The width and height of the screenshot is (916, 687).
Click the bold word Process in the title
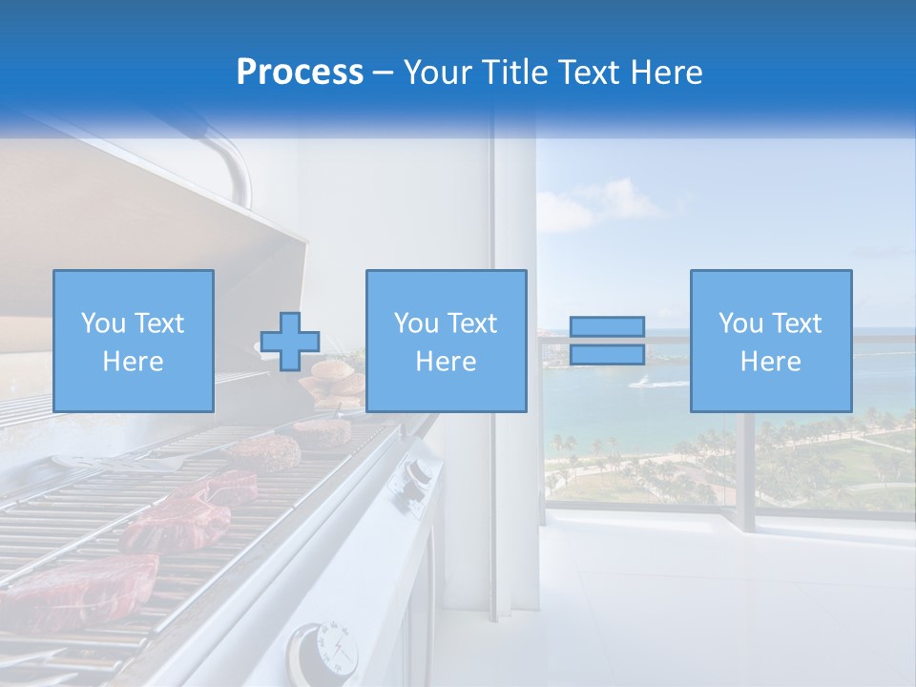[300, 73]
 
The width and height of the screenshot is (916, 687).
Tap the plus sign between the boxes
[290, 341]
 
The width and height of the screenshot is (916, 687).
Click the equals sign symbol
[607, 341]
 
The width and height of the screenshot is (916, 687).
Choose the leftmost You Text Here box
[134, 341]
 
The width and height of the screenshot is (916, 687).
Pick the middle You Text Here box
[446, 341]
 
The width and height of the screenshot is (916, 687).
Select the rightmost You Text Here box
[770, 341]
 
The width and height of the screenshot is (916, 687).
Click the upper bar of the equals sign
[607, 327]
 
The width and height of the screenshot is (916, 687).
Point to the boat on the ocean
[641, 383]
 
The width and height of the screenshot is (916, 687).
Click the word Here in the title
[667, 73]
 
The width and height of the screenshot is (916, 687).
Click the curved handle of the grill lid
[229, 162]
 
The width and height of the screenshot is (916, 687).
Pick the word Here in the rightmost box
[770, 362]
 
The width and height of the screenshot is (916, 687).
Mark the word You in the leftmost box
[102, 323]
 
